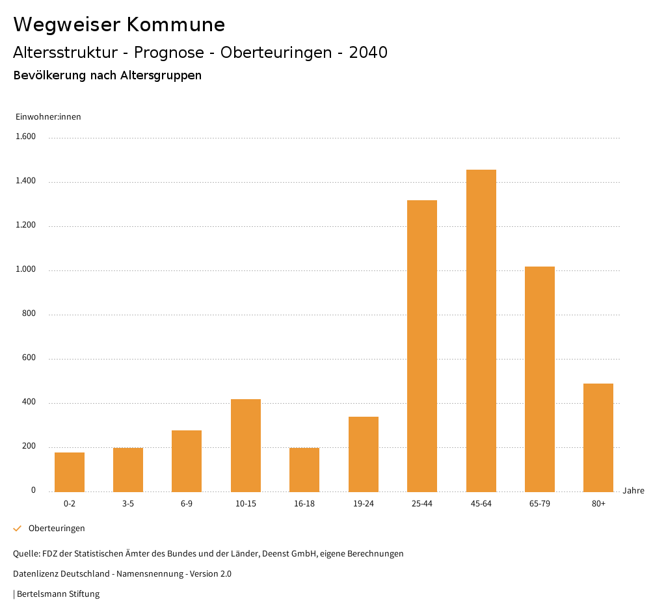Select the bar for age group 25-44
(x=422, y=346)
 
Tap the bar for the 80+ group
(x=598, y=438)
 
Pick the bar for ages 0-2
(x=70, y=472)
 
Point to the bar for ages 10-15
(x=246, y=445)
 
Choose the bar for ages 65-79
(x=540, y=379)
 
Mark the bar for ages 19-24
(x=364, y=454)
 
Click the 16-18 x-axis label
(x=304, y=504)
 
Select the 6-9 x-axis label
(x=187, y=504)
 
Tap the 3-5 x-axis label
(x=128, y=504)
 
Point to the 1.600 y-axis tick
(x=26, y=137)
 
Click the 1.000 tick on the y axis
(x=26, y=270)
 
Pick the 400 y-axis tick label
(x=29, y=402)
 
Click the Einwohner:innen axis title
(x=48, y=117)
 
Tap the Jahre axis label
(x=633, y=491)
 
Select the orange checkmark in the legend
(x=18, y=529)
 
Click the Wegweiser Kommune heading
(x=119, y=25)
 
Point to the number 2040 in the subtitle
(x=368, y=53)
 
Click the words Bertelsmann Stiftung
(x=58, y=594)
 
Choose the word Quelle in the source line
(x=25, y=554)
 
